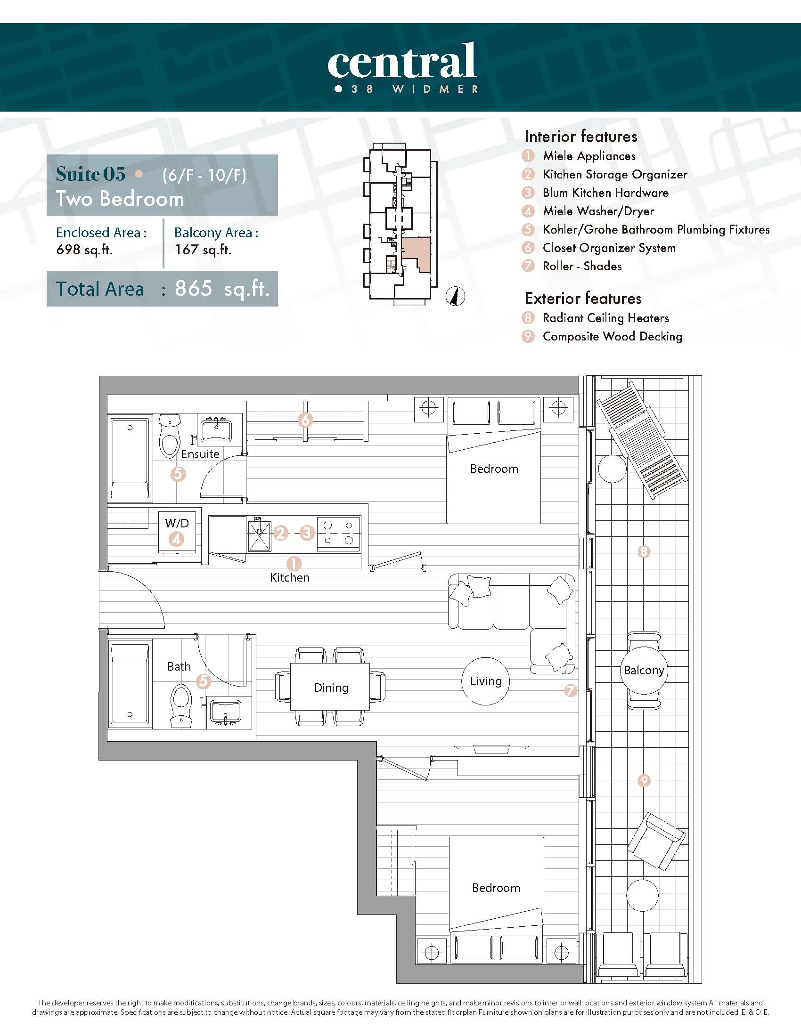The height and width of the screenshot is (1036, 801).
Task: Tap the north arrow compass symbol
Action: [x=456, y=297]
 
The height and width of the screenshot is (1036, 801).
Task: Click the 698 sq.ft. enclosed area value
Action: [x=84, y=250]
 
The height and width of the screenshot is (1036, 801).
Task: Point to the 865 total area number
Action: [x=194, y=288]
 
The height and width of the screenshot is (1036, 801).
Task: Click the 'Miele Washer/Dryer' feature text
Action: [x=598, y=211]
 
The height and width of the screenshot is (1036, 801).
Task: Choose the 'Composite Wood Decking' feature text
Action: [x=613, y=336]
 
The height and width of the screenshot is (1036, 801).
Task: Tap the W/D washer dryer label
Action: [x=177, y=523]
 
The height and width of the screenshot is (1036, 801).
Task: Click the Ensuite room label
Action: [x=200, y=454]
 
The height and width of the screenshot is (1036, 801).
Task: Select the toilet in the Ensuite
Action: [x=170, y=436]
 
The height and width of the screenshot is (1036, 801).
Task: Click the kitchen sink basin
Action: [x=260, y=536]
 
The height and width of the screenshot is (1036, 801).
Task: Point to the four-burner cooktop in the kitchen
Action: [x=338, y=533]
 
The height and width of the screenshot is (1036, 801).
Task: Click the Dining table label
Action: [x=331, y=688]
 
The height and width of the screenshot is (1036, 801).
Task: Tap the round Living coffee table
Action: [x=485, y=681]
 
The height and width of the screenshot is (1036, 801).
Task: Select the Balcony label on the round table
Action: [x=644, y=670]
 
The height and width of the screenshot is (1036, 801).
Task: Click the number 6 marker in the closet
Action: [x=306, y=420]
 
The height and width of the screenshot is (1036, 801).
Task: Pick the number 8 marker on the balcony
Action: [x=644, y=551]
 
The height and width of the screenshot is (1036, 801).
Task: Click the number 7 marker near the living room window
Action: [x=571, y=691]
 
